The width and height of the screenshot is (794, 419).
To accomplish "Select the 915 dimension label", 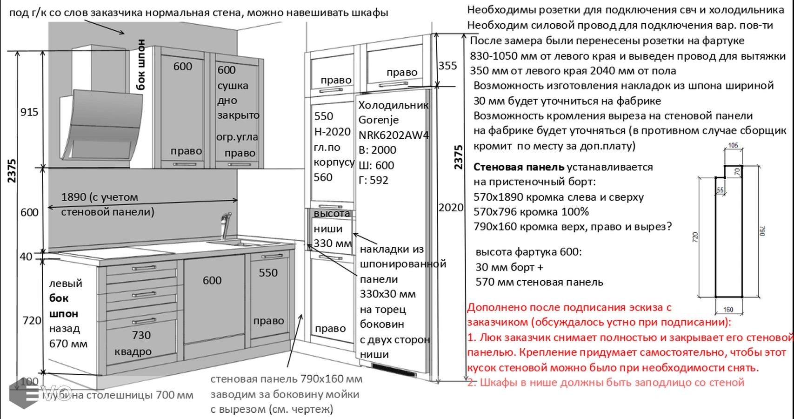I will tap(29, 112).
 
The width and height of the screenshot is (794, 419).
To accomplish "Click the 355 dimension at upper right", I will tap(447, 66).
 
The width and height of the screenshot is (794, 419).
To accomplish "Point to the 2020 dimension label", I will tap(451, 208).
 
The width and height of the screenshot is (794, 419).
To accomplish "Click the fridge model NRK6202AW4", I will tap(394, 135).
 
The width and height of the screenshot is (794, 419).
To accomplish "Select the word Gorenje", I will tap(378, 120).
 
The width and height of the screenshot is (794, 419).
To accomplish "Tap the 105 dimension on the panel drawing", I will tap(733, 146).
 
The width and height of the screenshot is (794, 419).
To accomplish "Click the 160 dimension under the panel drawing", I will tap(728, 310).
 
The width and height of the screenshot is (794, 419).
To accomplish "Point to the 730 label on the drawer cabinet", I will tap(141, 335).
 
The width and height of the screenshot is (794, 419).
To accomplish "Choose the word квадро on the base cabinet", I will tap(133, 351).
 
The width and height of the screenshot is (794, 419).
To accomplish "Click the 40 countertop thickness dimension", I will tap(26, 257).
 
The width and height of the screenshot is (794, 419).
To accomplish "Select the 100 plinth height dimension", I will tap(29, 382).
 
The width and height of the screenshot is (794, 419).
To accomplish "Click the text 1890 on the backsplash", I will tap(74, 197).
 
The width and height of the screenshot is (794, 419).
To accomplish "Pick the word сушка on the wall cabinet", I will tap(233, 86).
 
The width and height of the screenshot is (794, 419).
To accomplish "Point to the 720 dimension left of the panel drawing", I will tap(696, 237).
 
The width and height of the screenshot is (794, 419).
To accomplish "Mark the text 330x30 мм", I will tap(387, 294).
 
